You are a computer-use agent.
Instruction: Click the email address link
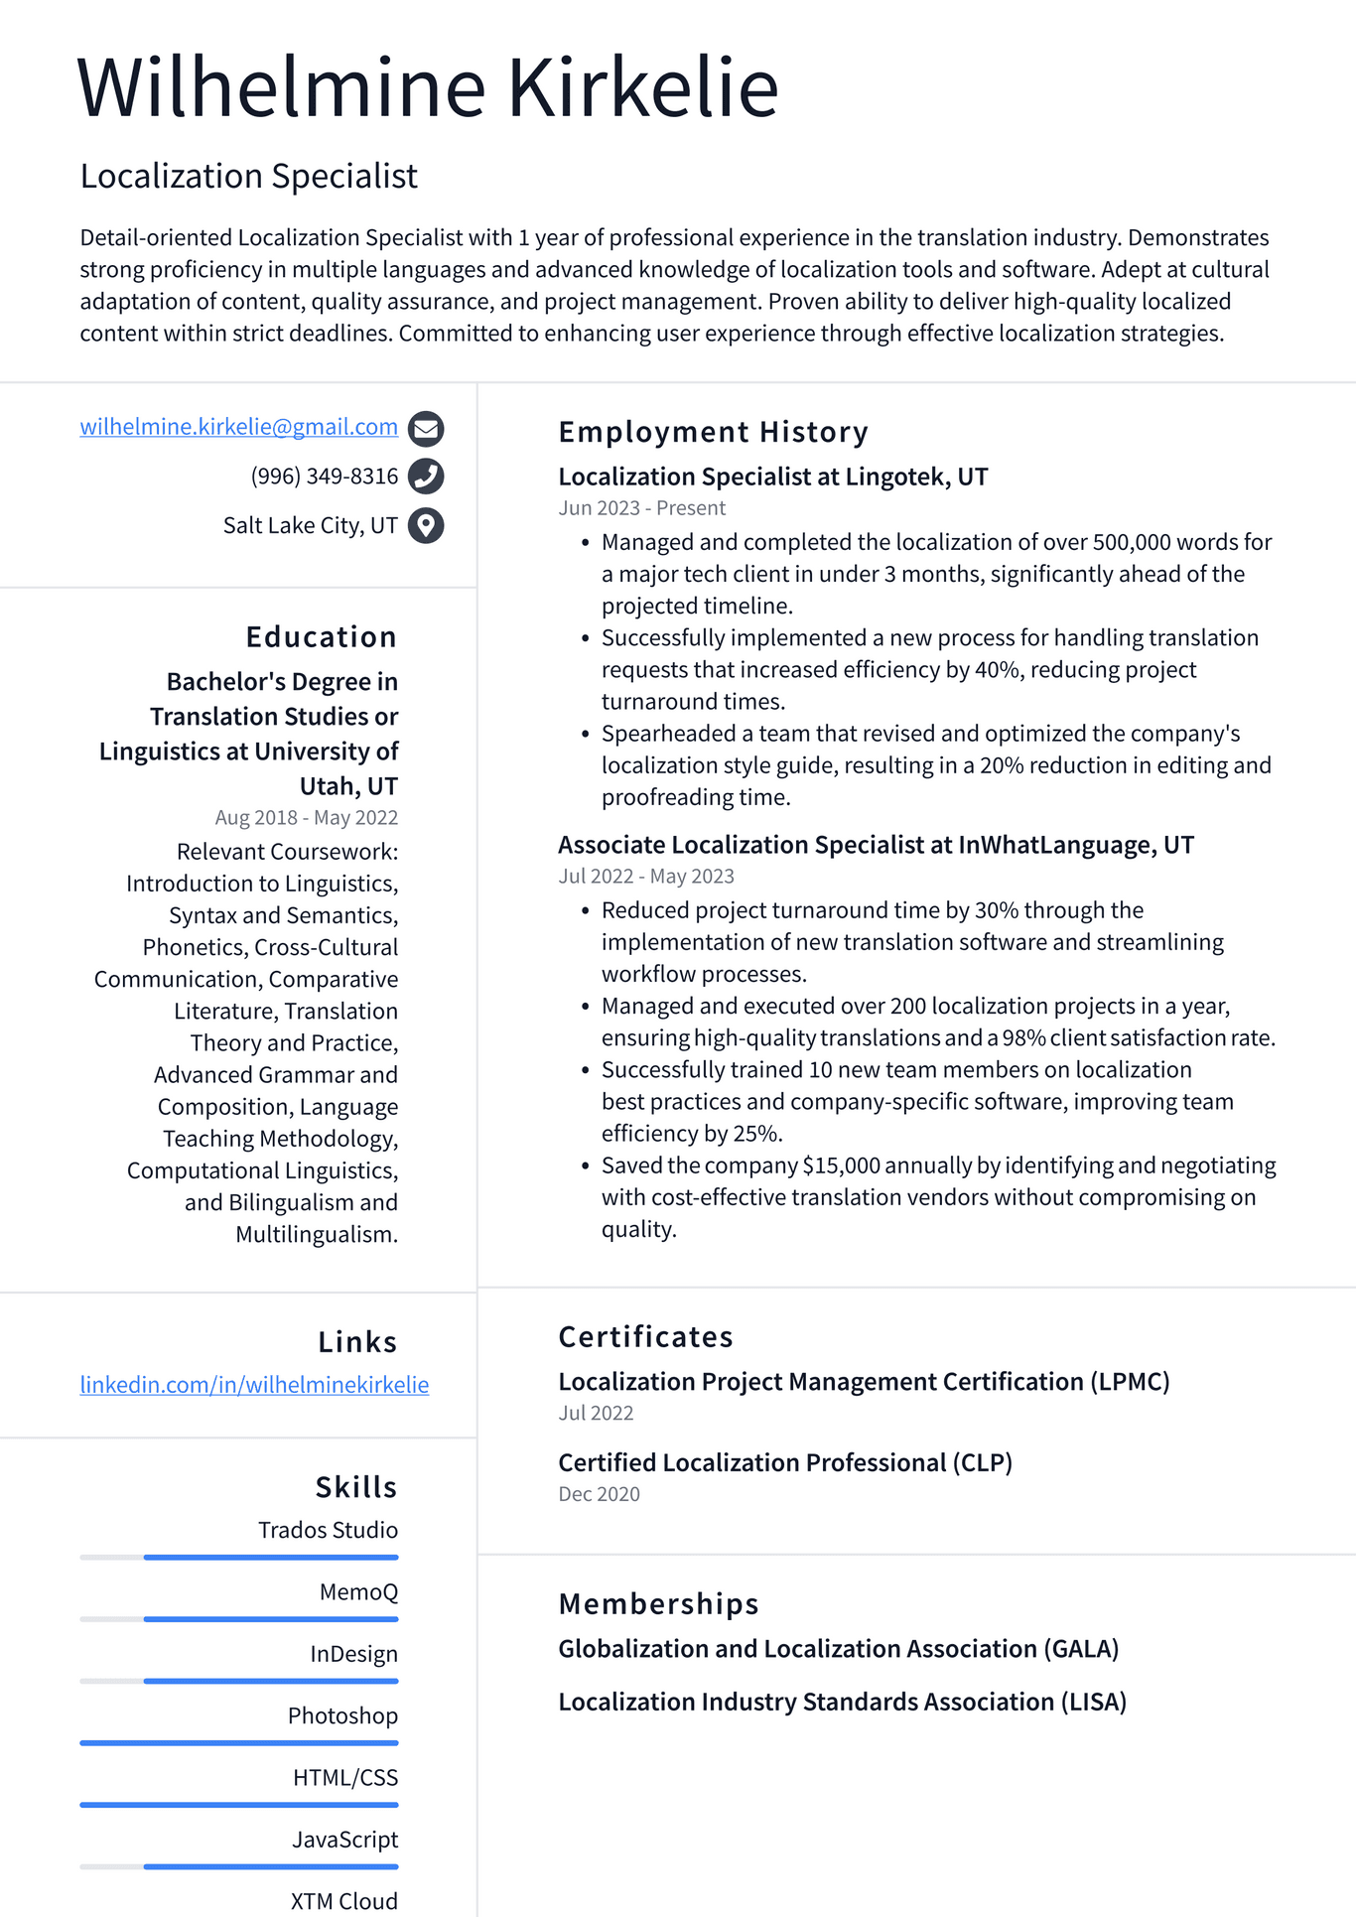coord(238,427)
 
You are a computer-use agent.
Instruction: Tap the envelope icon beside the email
coord(426,428)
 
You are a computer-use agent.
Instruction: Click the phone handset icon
coord(426,477)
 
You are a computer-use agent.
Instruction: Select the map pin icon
coord(426,525)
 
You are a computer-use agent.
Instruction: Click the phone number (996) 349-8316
coord(324,477)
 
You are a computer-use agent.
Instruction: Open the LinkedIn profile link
coord(254,1385)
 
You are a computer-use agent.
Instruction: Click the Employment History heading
coord(713,432)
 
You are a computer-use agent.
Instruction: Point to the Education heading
coord(321,636)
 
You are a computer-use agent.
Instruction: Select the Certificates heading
coord(645,1336)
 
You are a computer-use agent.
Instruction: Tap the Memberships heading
coord(658,1603)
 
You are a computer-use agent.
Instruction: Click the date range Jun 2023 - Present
coord(641,508)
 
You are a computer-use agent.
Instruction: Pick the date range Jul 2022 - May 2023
coord(645,877)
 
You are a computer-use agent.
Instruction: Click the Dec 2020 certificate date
coord(599,1494)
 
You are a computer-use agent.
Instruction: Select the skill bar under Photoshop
coord(238,1742)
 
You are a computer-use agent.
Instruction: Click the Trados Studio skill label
coord(328,1530)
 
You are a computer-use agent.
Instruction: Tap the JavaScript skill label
coord(344,1840)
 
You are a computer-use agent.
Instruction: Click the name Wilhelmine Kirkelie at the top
coord(427,87)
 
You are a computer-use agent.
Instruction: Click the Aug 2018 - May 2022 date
coord(306,818)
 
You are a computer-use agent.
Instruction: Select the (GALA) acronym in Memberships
coord(1080,1649)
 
